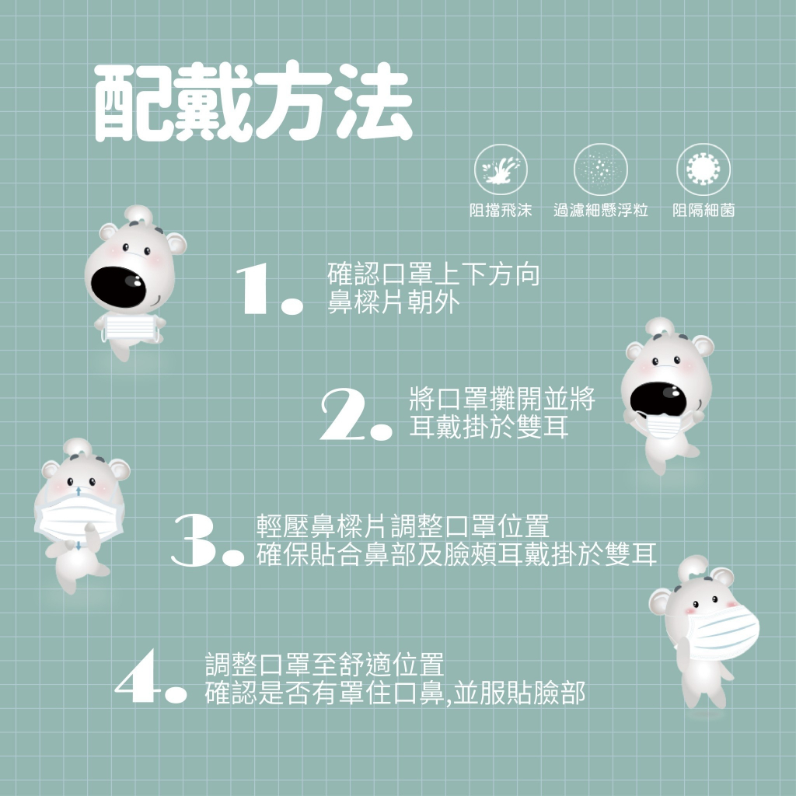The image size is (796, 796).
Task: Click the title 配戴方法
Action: point(253,102)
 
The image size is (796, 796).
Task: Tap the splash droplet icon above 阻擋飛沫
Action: point(501,169)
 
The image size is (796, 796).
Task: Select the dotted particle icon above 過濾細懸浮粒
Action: point(601,169)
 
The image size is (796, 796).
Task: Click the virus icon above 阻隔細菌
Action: point(703,169)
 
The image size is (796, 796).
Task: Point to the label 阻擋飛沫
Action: point(501,210)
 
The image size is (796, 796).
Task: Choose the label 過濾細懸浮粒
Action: point(601,210)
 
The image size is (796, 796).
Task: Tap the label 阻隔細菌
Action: point(703,210)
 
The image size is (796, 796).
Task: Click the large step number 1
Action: point(269,289)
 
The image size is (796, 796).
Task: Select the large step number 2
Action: point(356,414)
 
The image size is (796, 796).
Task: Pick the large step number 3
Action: point(208,539)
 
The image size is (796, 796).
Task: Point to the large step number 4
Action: point(151,677)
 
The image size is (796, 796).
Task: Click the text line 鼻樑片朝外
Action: point(393,302)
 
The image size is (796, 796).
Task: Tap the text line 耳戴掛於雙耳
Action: point(488,427)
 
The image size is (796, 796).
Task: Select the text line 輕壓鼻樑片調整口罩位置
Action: point(403,526)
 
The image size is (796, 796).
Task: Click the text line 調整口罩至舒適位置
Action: point(325,665)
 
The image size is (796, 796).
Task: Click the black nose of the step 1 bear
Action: point(119,287)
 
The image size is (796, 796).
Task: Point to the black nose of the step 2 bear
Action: point(658,399)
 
